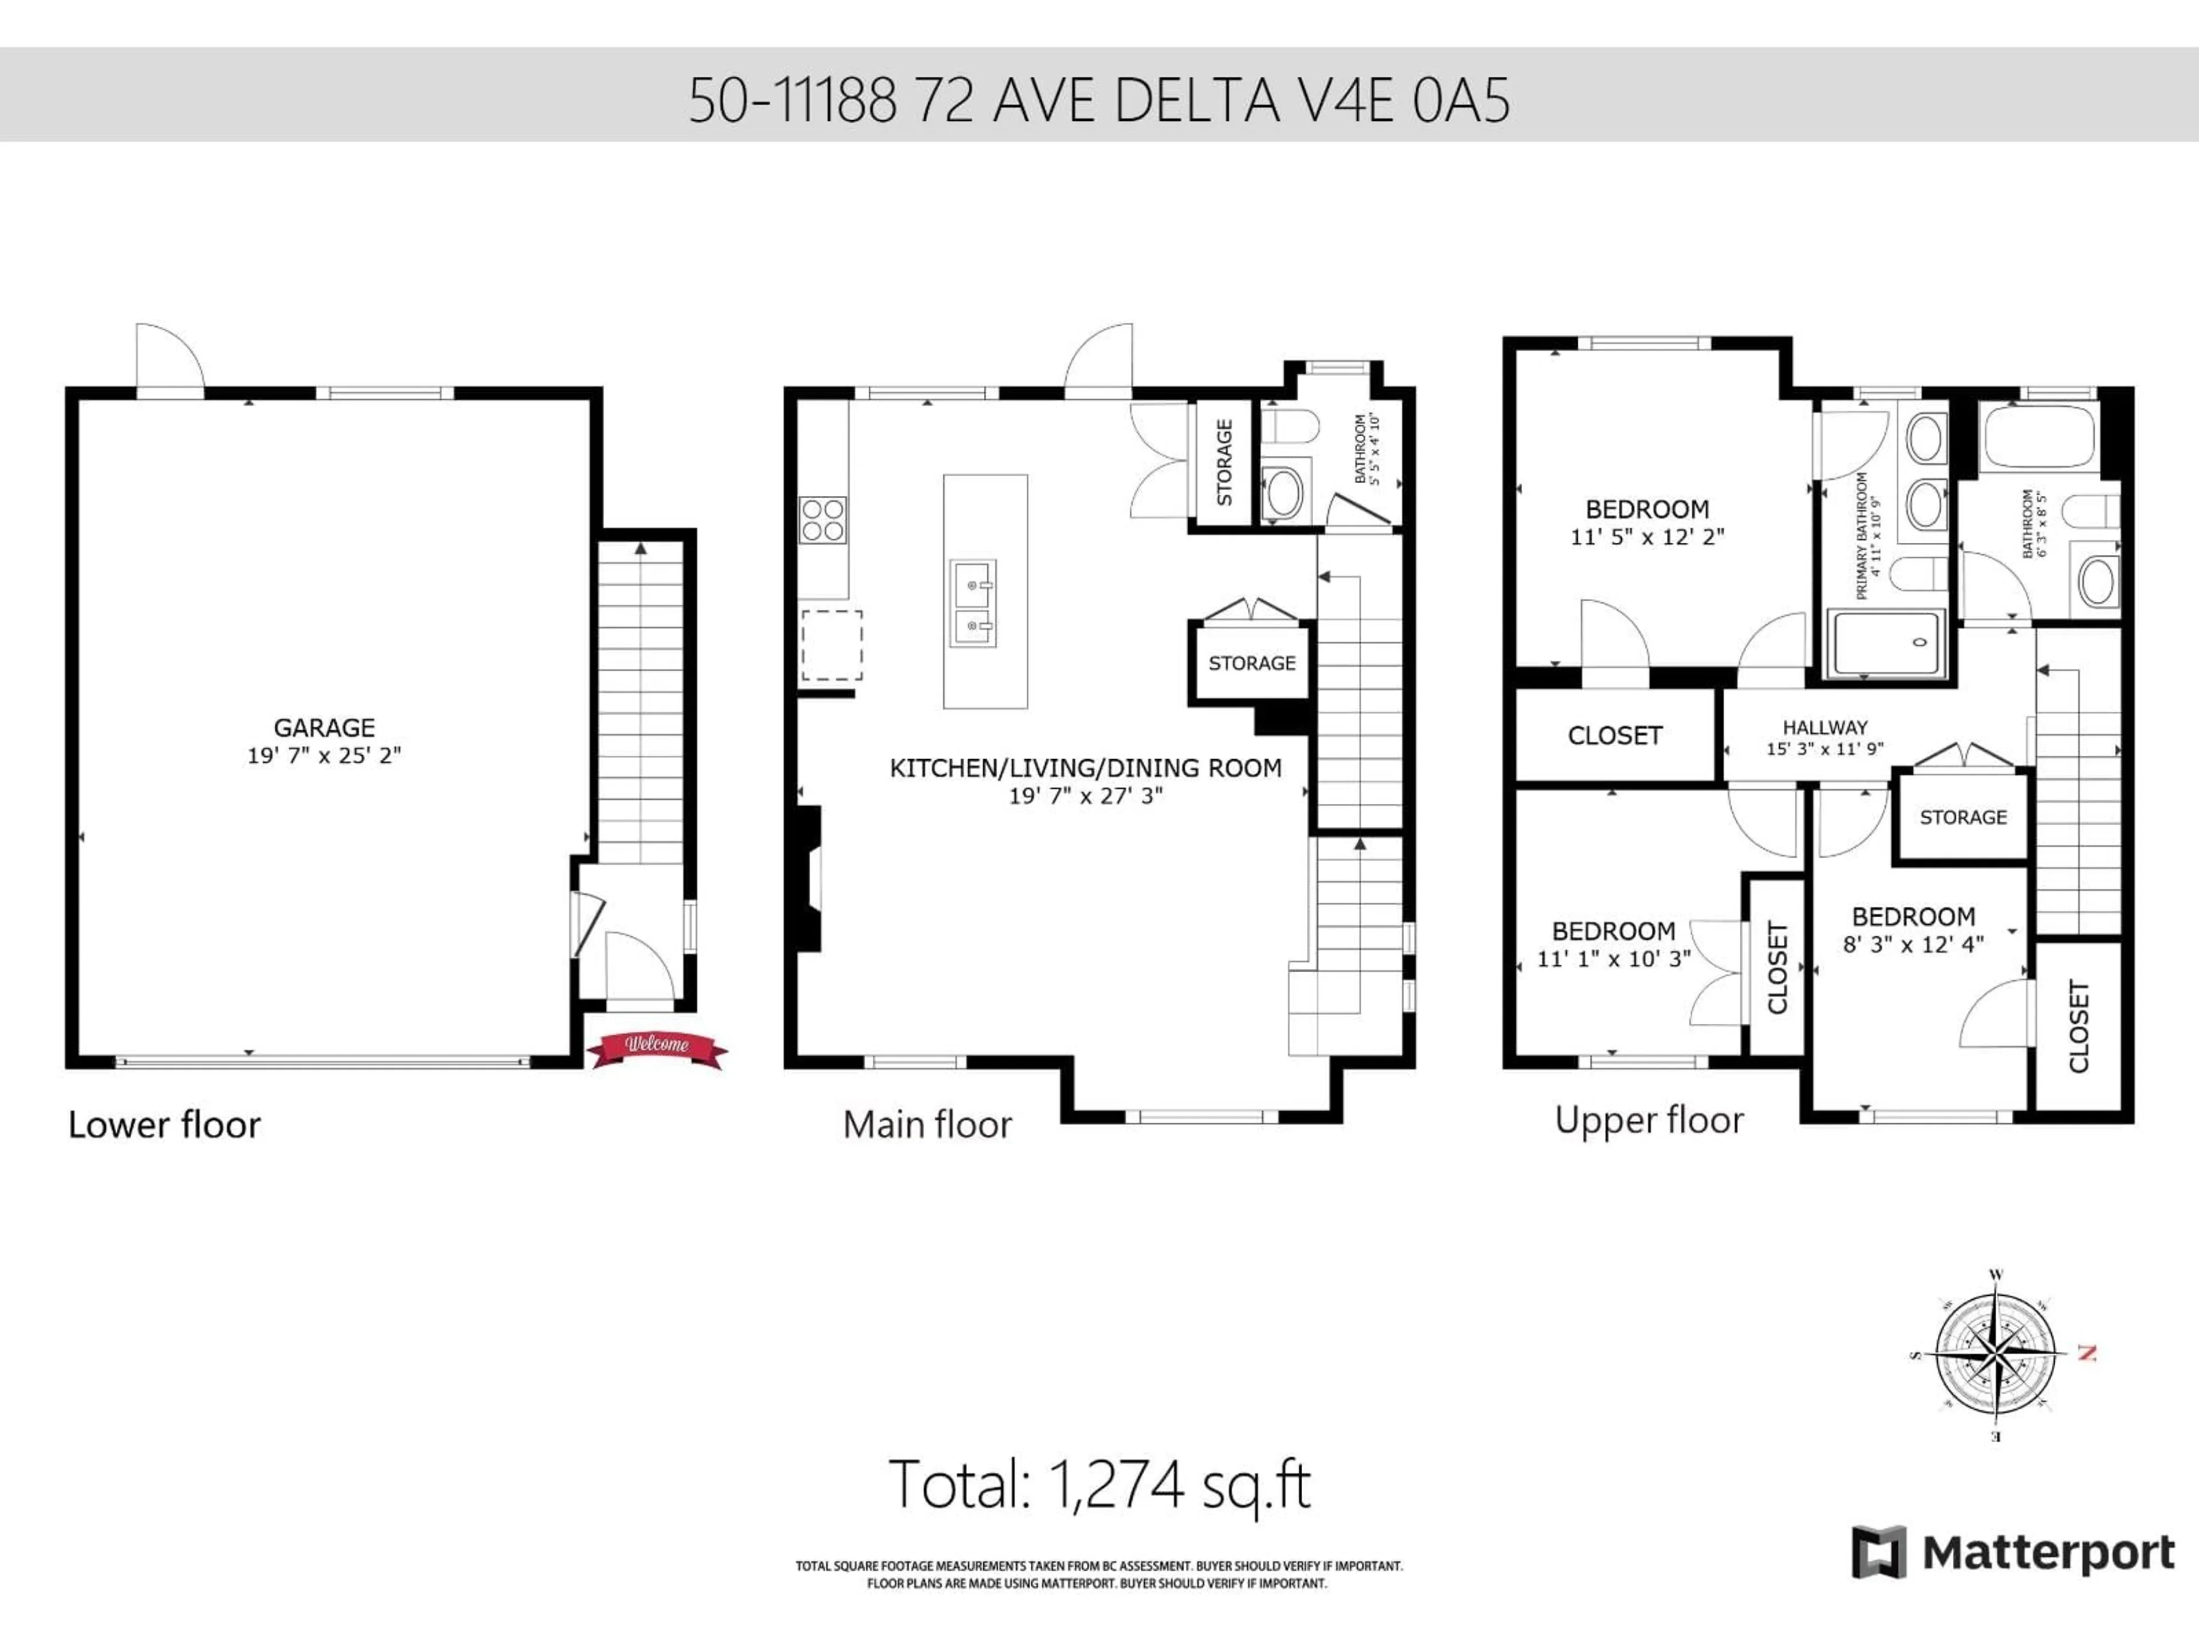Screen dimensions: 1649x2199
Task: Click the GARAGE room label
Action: pos(324,728)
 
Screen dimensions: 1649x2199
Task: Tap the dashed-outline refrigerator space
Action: pos(831,645)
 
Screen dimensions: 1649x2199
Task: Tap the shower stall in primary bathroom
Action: pos(1886,643)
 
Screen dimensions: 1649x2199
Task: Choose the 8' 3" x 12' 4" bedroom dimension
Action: pos(1913,944)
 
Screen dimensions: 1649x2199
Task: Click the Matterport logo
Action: pos(2013,1553)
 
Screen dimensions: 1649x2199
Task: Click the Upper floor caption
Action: pos(1648,1120)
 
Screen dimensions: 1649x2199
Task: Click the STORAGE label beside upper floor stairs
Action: pos(1962,817)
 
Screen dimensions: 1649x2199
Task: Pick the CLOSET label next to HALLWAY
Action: pos(1614,736)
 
